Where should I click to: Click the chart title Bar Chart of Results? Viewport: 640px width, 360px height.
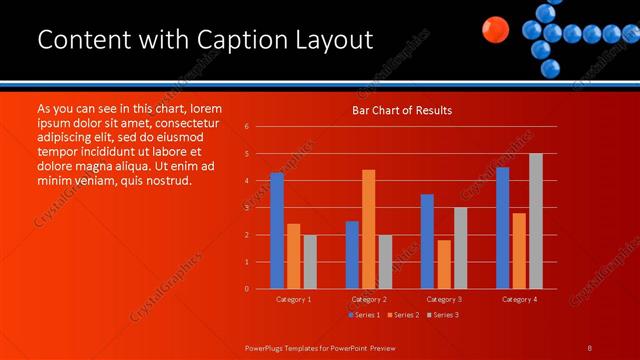point(401,110)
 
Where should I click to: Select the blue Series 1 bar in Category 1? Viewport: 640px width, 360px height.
point(277,231)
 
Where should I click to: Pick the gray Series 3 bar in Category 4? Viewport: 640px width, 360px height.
point(536,221)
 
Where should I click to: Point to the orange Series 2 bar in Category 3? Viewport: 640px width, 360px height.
point(444,264)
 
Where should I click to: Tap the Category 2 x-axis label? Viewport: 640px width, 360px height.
point(369,299)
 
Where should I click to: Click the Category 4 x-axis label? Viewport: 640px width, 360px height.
point(519,299)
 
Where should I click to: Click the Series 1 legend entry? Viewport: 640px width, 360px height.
point(365,315)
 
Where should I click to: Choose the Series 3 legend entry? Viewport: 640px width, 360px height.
point(442,315)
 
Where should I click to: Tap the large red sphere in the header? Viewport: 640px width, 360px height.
point(493,30)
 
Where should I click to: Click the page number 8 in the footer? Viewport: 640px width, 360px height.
point(589,347)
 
